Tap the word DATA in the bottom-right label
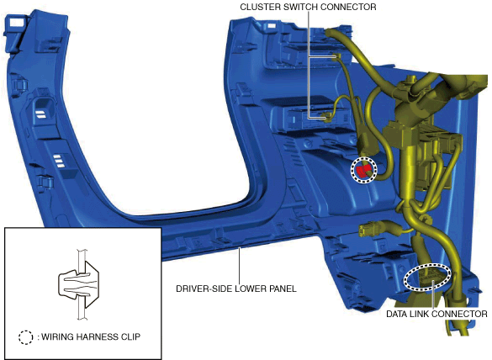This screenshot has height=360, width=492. [x=396, y=314]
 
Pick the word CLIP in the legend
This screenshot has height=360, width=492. [x=131, y=336]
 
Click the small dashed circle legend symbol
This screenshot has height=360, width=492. [x=25, y=337]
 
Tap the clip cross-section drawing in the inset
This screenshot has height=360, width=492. [x=79, y=284]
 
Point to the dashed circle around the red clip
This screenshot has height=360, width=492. [x=352, y=169]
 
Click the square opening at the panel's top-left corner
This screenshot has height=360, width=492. [x=14, y=23]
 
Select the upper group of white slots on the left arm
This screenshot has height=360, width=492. [x=41, y=114]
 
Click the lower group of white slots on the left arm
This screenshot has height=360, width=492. [x=59, y=161]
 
